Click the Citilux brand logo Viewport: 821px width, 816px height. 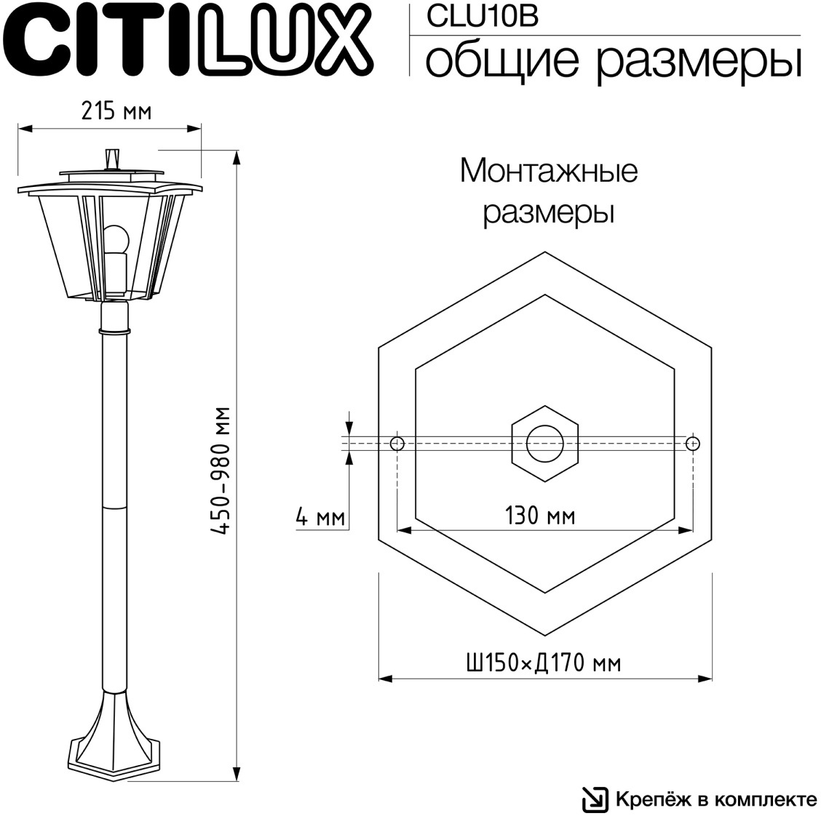[189, 40]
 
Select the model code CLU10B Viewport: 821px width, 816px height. [482, 16]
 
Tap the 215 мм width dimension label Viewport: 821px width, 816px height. [116, 111]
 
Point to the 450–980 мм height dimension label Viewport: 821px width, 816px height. [221, 471]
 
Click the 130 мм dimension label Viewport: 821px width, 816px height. [540, 515]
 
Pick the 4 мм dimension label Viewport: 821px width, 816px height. [320, 517]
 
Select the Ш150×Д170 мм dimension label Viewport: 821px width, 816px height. [544, 663]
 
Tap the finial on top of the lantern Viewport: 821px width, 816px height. [112, 159]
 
